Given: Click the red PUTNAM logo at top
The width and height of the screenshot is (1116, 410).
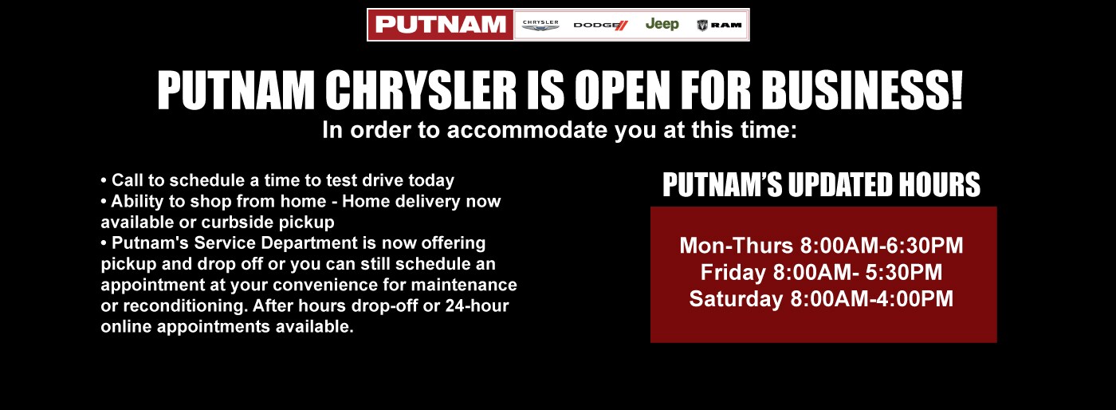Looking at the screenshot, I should pyautogui.click(x=440, y=25).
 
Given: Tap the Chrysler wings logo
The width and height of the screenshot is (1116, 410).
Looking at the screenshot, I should pyautogui.click(x=540, y=26).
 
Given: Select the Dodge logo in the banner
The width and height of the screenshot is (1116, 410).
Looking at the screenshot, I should pyautogui.click(x=600, y=26).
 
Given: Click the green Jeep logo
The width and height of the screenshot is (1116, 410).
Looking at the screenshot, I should pyautogui.click(x=662, y=24).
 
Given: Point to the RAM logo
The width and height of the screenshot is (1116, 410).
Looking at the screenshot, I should pyautogui.click(x=719, y=26).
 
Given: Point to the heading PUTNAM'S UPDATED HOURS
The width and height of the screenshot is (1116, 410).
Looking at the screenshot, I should pyautogui.click(x=822, y=185).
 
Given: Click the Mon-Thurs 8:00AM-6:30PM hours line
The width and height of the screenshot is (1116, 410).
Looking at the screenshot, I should pyautogui.click(x=821, y=246).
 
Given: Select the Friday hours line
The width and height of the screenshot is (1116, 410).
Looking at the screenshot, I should pyautogui.click(x=821, y=273).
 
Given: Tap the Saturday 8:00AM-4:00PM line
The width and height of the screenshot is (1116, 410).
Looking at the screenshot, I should pyautogui.click(x=821, y=299).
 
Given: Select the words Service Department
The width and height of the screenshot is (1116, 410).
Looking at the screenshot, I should pyautogui.click(x=254, y=242).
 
